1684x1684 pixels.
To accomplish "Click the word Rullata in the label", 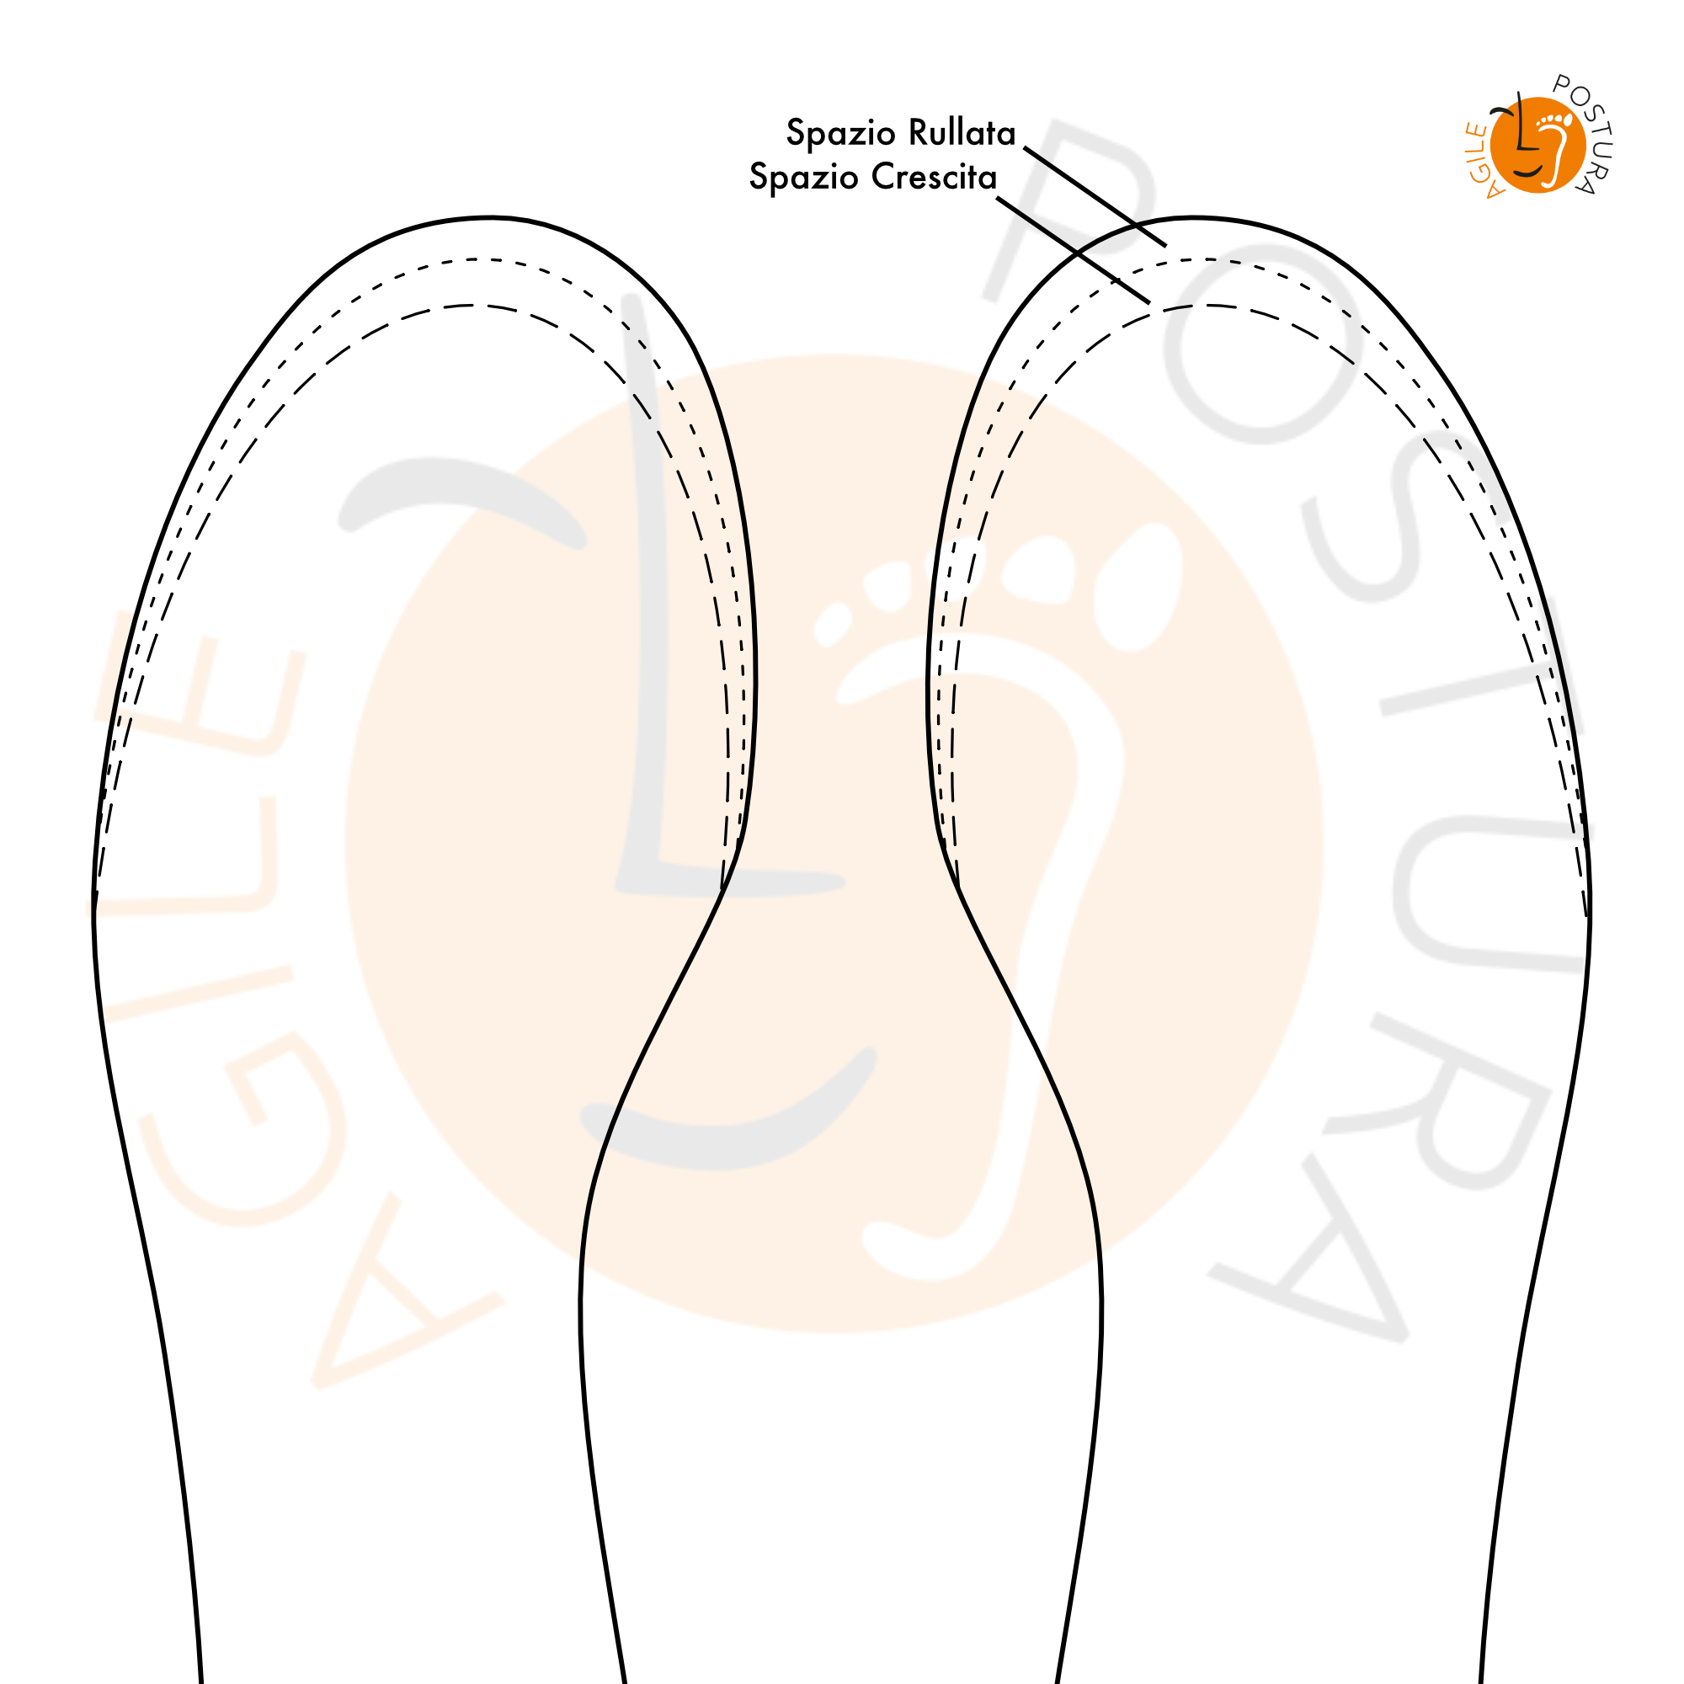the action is click(962, 132).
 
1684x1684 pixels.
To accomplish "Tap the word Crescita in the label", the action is click(934, 177).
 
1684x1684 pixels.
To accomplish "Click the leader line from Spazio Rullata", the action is click(1095, 196).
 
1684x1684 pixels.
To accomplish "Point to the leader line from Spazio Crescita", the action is click(1074, 250).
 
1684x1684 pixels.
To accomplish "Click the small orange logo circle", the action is click(1537, 145).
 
